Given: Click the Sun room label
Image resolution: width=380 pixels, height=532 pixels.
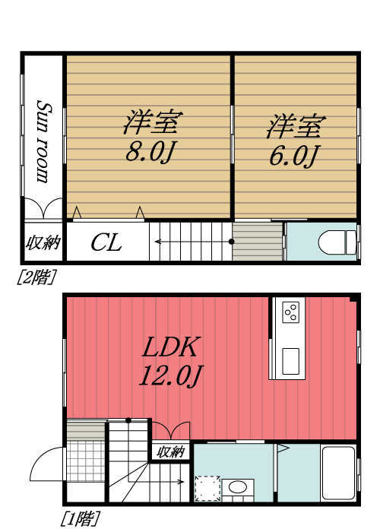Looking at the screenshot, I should click(x=44, y=142).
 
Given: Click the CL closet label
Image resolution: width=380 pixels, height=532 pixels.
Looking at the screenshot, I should click(x=106, y=243).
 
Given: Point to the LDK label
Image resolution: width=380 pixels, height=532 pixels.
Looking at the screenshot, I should click(x=172, y=348).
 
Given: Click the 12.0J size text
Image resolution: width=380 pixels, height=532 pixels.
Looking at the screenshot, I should click(x=172, y=375).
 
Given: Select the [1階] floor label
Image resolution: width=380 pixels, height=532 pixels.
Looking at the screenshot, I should click(x=80, y=520).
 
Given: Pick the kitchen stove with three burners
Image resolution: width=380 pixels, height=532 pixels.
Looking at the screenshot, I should click(x=290, y=312).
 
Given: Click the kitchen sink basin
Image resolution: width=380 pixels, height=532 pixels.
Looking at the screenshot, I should click(x=291, y=360).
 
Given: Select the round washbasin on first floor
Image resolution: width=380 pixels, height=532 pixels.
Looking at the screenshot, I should click(x=237, y=487).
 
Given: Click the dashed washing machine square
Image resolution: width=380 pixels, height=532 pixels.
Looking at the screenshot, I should click(x=207, y=488).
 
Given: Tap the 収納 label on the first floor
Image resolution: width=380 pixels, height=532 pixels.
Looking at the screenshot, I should click(x=171, y=452).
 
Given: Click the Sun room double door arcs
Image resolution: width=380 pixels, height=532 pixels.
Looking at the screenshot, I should click(x=44, y=209).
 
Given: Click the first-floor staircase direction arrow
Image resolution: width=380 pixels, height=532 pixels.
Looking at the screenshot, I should click(x=152, y=482).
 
